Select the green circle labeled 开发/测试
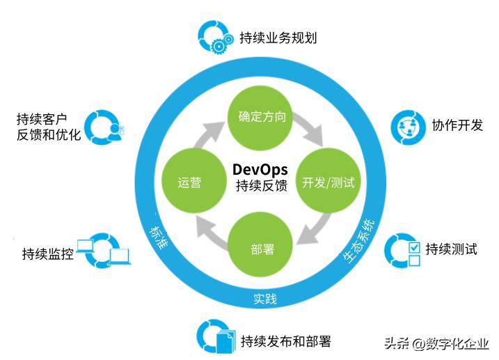(x=328, y=183)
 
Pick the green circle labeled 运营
(x=190, y=183)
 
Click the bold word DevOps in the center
(x=260, y=169)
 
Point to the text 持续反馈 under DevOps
(x=260, y=186)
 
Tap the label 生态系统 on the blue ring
(x=362, y=241)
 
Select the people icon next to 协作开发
(x=407, y=126)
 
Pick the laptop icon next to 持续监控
(x=104, y=251)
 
